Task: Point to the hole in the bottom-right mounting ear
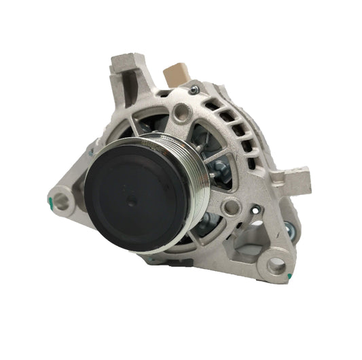(x=276, y=266)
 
